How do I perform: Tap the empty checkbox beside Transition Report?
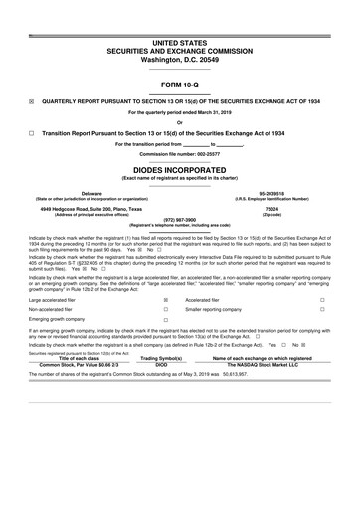pos(31,132)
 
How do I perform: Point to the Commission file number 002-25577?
pos(179,154)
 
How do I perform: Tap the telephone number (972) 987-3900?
pos(179,220)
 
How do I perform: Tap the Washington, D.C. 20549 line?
pos(179,59)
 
